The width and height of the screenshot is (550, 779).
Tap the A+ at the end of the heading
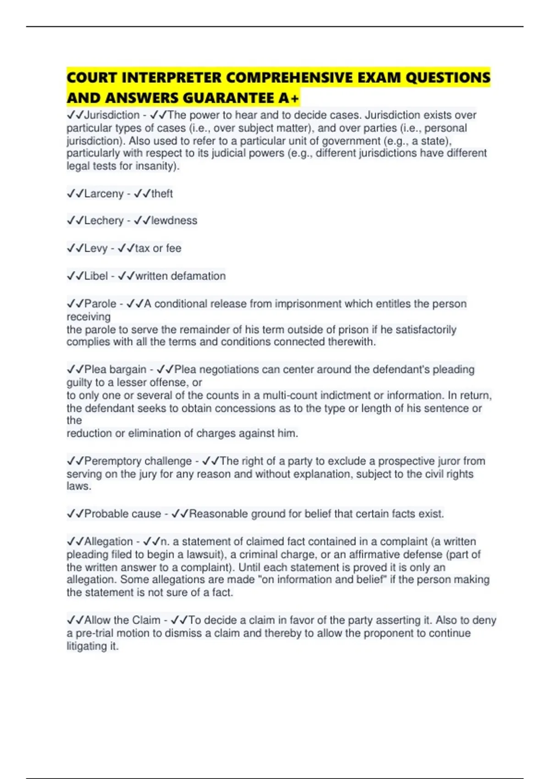click(289, 98)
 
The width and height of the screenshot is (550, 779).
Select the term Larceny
click(104, 194)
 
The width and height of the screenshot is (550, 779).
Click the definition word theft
click(162, 194)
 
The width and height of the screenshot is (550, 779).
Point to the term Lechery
click(104, 221)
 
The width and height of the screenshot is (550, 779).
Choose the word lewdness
click(174, 221)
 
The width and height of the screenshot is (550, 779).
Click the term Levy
click(96, 248)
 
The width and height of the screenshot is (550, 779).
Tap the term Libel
click(96, 276)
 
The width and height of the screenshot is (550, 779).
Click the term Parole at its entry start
click(100, 304)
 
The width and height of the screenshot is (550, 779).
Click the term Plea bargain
click(115, 370)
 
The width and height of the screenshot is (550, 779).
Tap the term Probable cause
click(122, 514)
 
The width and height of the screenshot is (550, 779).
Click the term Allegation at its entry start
click(108, 542)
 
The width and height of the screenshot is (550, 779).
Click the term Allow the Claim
click(122, 620)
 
